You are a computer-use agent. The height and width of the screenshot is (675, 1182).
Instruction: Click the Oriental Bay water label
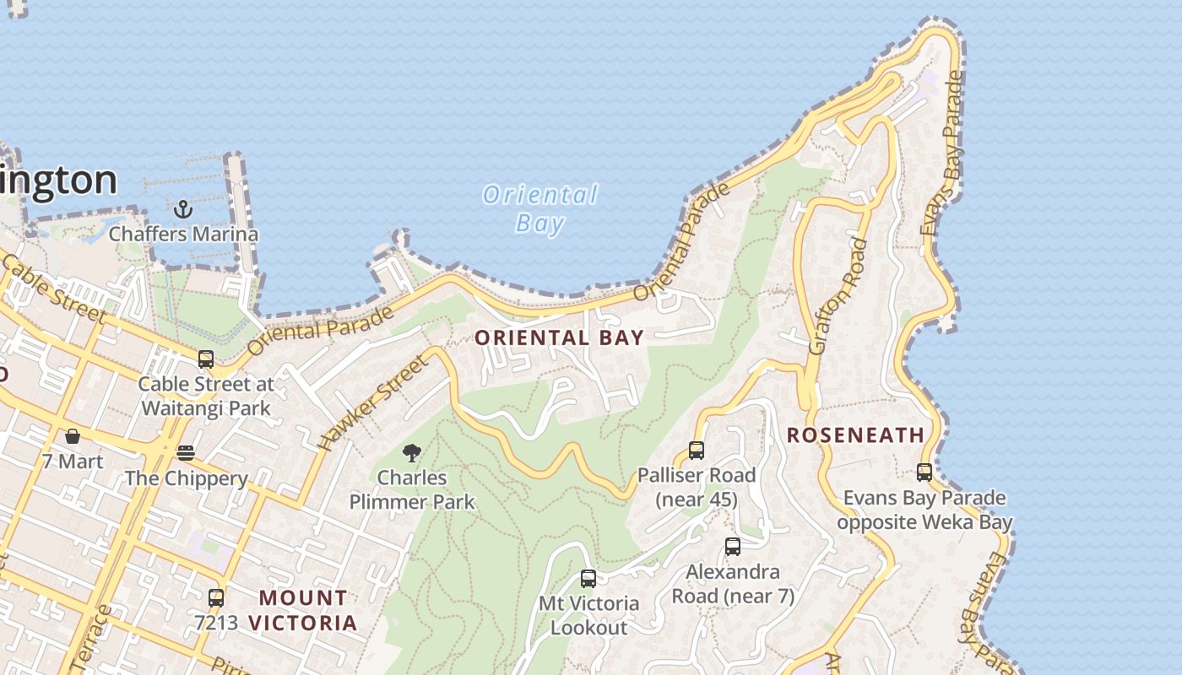coord(539,208)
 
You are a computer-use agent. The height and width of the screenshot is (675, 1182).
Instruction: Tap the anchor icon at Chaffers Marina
coord(183,208)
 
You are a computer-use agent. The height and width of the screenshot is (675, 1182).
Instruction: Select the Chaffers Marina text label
coord(183,234)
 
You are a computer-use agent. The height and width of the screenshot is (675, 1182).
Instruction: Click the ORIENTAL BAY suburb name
coord(559,337)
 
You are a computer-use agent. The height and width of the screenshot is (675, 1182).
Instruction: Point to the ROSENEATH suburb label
coord(855,435)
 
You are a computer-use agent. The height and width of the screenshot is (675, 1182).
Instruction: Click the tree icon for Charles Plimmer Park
coord(412,453)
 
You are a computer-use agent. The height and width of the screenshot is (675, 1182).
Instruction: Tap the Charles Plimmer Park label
coord(412,489)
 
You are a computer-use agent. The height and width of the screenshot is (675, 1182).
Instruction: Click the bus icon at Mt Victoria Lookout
coord(588,579)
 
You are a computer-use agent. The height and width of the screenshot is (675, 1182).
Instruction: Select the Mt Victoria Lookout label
coord(589,616)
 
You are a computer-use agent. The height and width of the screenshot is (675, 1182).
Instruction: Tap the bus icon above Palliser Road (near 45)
coord(697,450)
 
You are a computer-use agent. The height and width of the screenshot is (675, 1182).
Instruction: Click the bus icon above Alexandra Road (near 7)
coord(733,546)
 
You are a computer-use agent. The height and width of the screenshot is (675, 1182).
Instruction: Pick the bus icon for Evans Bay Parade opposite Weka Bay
coord(924,472)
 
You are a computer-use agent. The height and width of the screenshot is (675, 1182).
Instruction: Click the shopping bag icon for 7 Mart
coord(73,436)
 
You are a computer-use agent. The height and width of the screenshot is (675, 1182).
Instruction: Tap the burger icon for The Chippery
coord(186,453)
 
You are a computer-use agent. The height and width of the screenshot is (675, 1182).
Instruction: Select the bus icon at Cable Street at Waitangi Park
coord(206,359)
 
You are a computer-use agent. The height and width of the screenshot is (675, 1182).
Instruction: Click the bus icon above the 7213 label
coord(216,597)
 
